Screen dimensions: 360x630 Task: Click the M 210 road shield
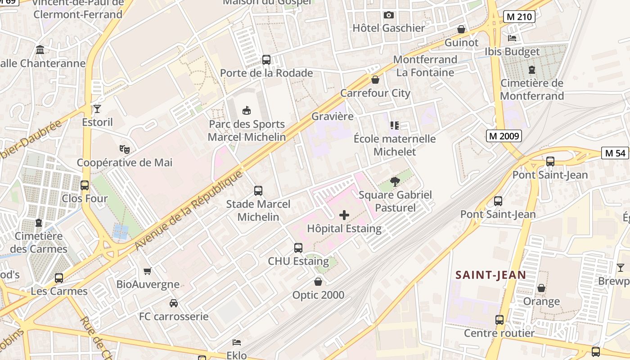click(x=518, y=17)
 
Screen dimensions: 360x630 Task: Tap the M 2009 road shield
click(x=504, y=136)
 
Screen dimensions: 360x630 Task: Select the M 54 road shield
click(x=615, y=153)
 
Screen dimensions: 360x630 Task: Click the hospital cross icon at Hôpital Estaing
click(x=344, y=215)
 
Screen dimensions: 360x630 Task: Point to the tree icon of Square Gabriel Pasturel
click(x=395, y=182)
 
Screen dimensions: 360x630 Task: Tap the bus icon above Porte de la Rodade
click(x=266, y=59)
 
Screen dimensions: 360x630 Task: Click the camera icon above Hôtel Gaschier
click(x=389, y=15)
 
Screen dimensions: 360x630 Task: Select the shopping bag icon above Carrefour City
click(x=375, y=80)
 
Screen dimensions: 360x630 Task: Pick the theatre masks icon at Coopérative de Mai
click(x=125, y=149)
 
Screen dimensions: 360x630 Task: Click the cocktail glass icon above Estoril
click(x=97, y=108)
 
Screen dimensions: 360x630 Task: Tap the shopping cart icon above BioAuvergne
click(x=148, y=271)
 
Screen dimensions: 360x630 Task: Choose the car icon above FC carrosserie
click(x=174, y=303)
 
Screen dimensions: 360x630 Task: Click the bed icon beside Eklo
click(x=237, y=342)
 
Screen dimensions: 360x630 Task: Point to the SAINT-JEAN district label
click(x=490, y=274)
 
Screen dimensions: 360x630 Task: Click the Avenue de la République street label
click(x=189, y=211)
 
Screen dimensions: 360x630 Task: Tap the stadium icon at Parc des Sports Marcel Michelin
click(x=247, y=110)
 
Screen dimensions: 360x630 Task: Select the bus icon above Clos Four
click(x=85, y=185)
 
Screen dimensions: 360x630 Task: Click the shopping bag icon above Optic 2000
click(x=318, y=282)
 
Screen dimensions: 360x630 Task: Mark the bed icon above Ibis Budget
click(x=512, y=38)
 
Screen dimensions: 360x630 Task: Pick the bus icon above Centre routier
click(x=499, y=320)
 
